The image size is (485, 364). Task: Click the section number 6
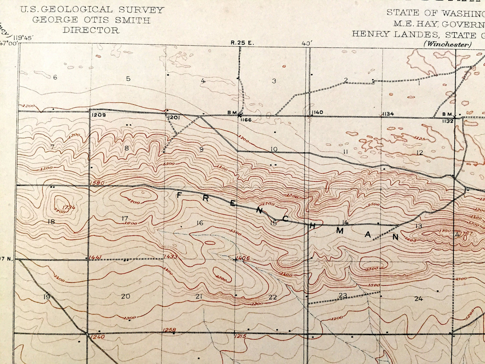(55, 78)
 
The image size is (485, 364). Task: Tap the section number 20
(126, 296)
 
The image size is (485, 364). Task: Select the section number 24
(418, 299)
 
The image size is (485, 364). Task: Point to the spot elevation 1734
(68, 208)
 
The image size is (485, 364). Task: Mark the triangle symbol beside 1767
(457, 234)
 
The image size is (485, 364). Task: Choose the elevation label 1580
(97, 183)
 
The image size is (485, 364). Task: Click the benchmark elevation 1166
(246, 120)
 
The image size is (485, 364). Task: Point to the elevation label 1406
(243, 259)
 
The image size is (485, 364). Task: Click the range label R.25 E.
(243, 43)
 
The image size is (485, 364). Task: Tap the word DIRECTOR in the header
(91, 30)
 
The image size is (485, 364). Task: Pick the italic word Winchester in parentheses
(447, 44)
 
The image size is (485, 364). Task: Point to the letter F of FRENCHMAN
(179, 195)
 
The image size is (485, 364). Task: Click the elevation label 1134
(388, 114)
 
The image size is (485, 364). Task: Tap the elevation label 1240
(98, 337)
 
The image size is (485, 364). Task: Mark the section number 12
(420, 153)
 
